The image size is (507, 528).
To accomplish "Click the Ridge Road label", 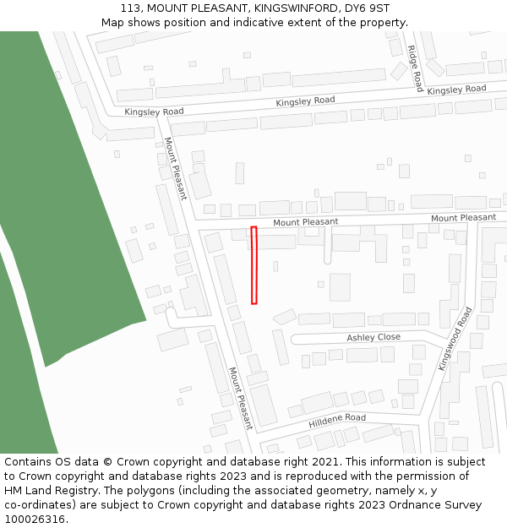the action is click(x=415, y=68).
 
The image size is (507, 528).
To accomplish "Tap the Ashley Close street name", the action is click(x=373, y=337).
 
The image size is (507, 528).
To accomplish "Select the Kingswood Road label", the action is click(x=455, y=338).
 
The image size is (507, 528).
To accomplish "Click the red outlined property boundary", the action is click(x=253, y=264).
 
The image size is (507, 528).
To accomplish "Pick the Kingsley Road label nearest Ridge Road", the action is click(x=456, y=90).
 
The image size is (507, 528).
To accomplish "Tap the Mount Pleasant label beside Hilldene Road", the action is click(x=239, y=398).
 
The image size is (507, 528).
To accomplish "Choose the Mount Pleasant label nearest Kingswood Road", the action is click(x=463, y=218).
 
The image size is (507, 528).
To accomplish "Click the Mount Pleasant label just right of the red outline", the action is click(x=305, y=222).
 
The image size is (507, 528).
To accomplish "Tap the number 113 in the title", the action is click(x=131, y=8).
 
